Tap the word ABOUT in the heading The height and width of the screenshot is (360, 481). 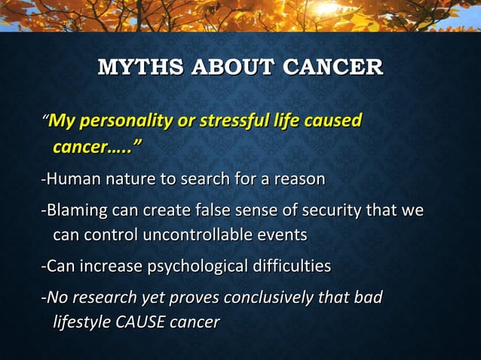tap(233, 67)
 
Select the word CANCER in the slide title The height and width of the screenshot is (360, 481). tap(332, 67)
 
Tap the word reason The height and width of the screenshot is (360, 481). tap(299, 179)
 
